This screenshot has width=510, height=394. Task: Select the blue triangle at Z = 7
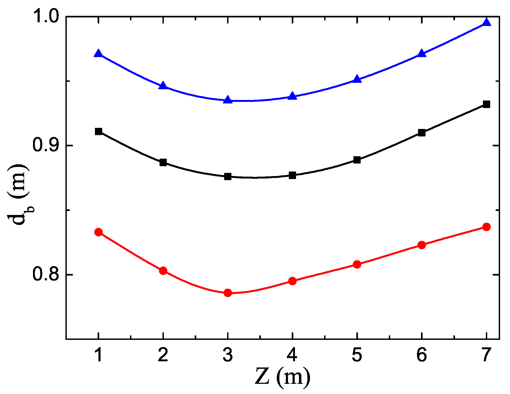pos(486,23)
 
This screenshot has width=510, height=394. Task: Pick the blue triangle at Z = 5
pos(357,79)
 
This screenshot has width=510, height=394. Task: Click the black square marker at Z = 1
pos(98,131)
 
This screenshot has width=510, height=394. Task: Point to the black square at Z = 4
pos(292,175)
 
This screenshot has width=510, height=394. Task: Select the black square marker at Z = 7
pos(486,104)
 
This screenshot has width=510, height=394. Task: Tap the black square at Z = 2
pos(163,162)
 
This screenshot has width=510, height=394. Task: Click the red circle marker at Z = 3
pos(228,293)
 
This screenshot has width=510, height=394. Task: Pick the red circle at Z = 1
pos(98,232)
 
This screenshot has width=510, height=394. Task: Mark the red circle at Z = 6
pos(422,245)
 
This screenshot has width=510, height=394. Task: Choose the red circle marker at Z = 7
pos(486,227)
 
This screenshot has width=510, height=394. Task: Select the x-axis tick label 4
pos(292,355)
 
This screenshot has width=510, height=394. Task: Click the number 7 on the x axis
pos(486,355)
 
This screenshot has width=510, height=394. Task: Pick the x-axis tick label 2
pos(163,355)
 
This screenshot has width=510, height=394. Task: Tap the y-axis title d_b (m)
pos(18,195)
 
